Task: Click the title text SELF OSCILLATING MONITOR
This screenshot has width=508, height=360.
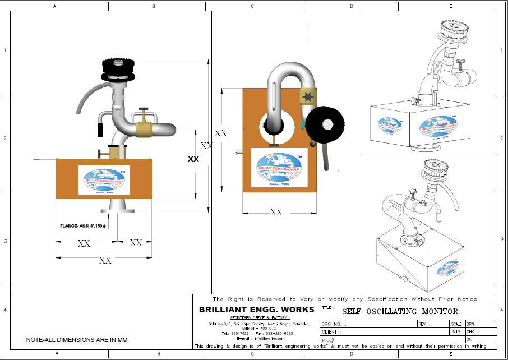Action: point(400,311)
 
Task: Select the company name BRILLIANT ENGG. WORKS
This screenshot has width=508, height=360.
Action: point(256,310)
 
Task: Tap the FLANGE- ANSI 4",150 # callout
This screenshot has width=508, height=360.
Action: point(83,226)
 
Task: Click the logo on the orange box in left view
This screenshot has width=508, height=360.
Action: point(104,179)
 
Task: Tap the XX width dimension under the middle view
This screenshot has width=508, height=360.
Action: point(276,212)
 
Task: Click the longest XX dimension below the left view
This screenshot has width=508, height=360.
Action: point(105,260)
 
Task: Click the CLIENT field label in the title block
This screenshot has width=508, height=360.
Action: point(331,332)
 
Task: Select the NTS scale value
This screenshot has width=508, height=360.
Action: point(456,332)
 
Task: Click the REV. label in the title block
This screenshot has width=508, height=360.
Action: point(424,324)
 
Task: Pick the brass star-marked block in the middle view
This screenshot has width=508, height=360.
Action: point(308,98)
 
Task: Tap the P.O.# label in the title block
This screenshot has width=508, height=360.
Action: point(329,340)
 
